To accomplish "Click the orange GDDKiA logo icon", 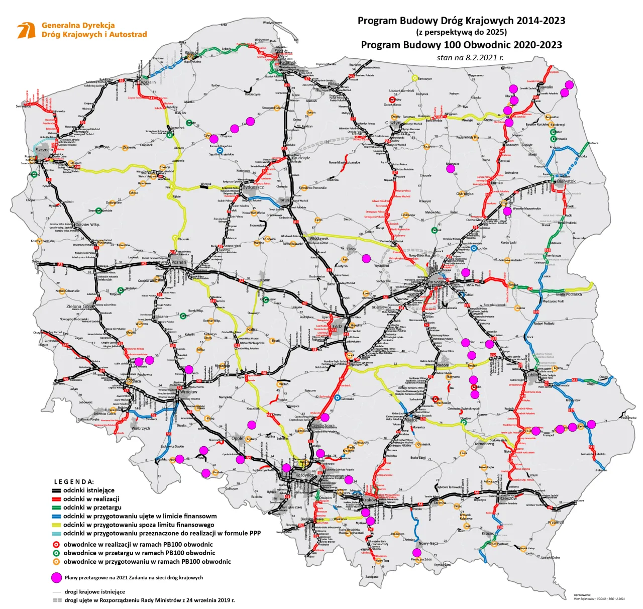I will click(x=26, y=30).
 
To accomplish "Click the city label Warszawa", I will click(x=435, y=282).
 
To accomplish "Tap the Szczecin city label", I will click(x=44, y=150).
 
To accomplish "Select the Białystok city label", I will click(x=566, y=181).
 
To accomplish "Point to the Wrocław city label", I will click(x=188, y=392).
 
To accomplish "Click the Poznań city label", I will click(x=178, y=262).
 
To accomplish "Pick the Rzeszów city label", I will click(x=507, y=498).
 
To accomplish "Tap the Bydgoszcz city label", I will click(x=253, y=187).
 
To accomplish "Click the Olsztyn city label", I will click(x=393, y=123).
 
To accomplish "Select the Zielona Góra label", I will click(x=79, y=306).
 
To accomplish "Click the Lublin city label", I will click(x=532, y=375).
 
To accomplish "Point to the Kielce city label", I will click(x=411, y=420).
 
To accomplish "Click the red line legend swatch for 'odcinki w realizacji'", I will click(x=56, y=499).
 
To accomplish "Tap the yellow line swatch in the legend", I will click(x=56, y=525).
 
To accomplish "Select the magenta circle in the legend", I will click(x=57, y=577).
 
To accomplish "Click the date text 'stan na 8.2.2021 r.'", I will click(x=470, y=57).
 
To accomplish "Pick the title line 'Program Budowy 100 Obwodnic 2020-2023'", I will click(x=461, y=45).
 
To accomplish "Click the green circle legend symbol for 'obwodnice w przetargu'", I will click(x=57, y=553).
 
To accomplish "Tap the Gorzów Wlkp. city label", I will click(x=87, y=225).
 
